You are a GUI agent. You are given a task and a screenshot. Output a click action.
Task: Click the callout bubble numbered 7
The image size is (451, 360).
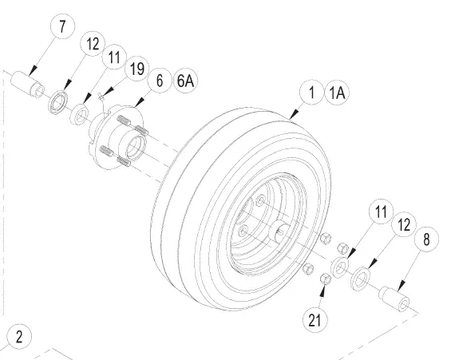click(x=63, y=26)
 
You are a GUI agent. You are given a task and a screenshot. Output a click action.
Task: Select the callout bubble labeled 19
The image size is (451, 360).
click(x=137, y=69)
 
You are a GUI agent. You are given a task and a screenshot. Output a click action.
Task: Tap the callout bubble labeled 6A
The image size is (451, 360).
click(x=185, y=81)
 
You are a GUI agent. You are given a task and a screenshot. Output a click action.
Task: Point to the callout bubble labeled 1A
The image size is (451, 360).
click(x=337, y=93)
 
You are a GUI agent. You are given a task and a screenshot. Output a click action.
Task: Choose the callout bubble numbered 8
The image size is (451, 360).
click(x=426, y=239)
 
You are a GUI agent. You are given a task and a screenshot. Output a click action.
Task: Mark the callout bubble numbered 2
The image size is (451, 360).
click(x=19, y=337)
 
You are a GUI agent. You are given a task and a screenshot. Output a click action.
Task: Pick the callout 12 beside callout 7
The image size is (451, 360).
click(x=93, y=44)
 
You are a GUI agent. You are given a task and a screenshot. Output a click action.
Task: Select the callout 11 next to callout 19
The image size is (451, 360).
click(x=114, y=57)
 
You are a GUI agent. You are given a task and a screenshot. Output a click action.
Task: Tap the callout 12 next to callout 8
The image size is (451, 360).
click(x=404, y=224)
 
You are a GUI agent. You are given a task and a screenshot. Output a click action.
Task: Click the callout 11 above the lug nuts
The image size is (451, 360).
click(x=381, y=212)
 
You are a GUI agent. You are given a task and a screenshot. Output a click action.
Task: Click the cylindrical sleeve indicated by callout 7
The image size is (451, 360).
click(x=28, y=84)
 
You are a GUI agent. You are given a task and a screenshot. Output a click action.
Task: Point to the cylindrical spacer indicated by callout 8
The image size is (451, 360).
click(x=394, y=299)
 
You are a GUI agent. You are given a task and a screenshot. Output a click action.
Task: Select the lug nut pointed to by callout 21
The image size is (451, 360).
click(x=326, y=279)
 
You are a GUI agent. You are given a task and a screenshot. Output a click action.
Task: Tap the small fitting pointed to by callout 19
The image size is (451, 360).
click(x=101, y=97)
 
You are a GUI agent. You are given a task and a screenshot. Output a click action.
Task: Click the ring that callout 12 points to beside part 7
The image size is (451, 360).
click(x=58, y=101)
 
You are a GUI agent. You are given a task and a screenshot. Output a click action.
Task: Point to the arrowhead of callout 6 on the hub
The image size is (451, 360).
click(x=139, y=103)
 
